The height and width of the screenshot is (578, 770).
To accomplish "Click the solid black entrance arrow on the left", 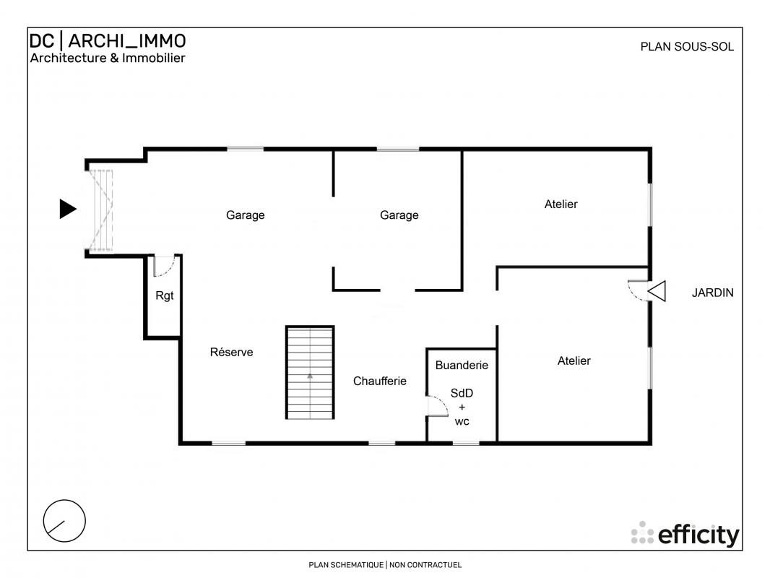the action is click(67, 209).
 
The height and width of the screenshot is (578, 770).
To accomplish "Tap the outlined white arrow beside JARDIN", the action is click(657, 291).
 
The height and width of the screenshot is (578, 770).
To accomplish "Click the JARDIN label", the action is click(712, 293).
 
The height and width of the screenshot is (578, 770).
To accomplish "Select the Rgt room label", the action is click(165, 296).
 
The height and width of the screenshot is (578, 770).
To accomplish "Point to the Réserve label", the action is click(231, 352).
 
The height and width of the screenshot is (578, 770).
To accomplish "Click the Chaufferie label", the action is click(380, 381).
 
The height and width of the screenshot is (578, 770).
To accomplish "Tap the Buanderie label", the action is click(462, 366).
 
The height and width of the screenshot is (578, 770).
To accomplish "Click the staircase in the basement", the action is click(310, 372).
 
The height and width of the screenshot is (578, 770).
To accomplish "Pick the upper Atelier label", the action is click(561, 204).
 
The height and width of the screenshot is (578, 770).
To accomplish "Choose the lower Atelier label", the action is click(574, 361).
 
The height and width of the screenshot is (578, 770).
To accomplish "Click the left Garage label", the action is click(245, 215).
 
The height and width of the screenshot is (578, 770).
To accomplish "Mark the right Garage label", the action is click(399, 215).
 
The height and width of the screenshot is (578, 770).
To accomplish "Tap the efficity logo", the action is click(685, 534).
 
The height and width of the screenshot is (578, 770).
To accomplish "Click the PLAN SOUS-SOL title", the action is click(687, 47).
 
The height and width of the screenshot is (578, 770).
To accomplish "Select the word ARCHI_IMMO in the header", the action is click(126, 40).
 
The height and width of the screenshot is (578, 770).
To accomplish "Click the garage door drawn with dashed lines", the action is click(100, 211).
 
